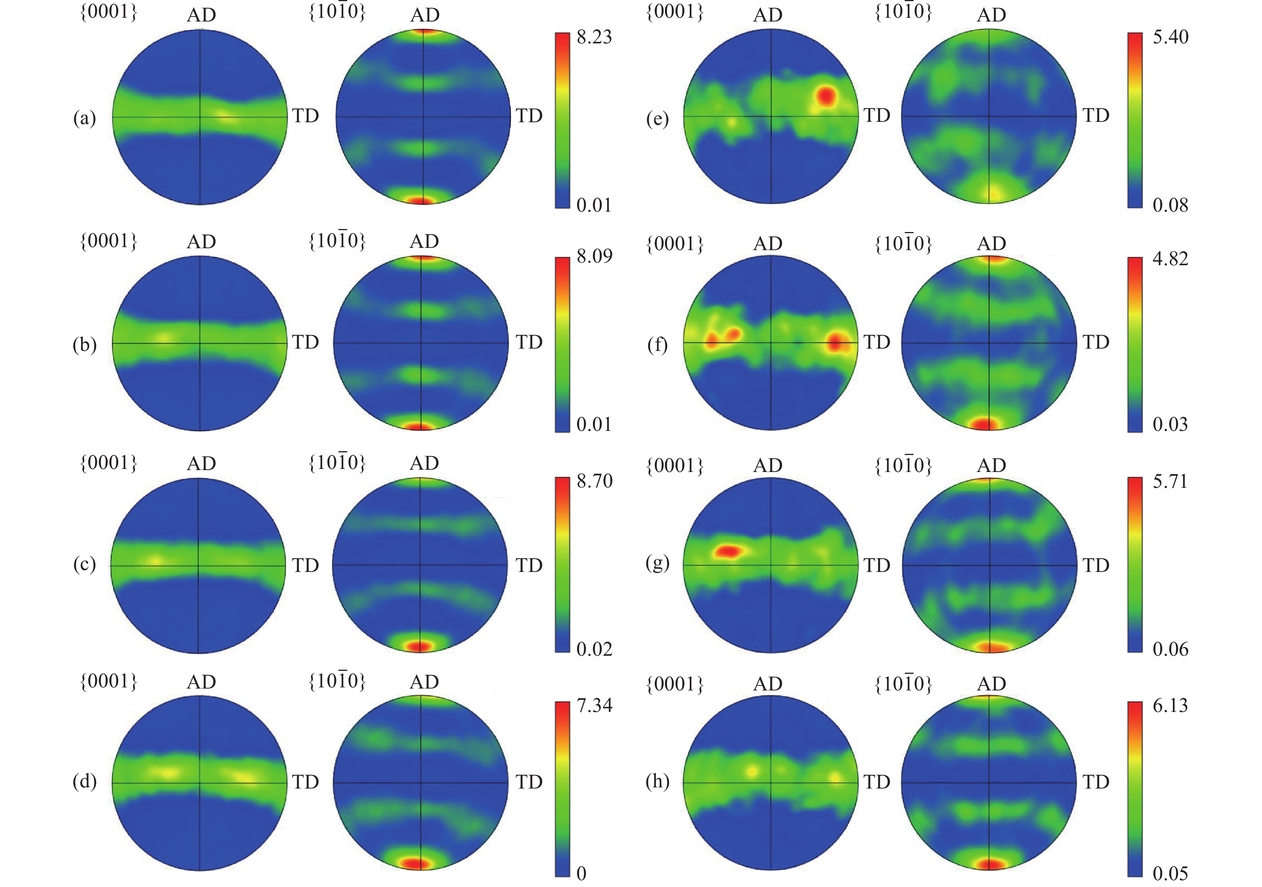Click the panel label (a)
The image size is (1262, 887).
coord(84,118)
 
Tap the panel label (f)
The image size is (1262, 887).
coord(657,345)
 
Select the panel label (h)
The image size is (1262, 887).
coord(657,781)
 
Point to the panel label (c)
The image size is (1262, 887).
coord(84,564)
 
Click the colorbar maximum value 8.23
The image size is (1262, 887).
coord(594,37)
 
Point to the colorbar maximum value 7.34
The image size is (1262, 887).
coord(594,705)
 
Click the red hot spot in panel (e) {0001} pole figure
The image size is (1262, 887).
coord(826,96)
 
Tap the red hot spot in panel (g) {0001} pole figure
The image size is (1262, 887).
coord(727,551)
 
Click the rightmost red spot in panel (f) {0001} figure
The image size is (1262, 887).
coord(835,344)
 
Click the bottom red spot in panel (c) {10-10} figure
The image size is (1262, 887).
coord(419,645)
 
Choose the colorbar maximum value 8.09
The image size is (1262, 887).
coord(594,256)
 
